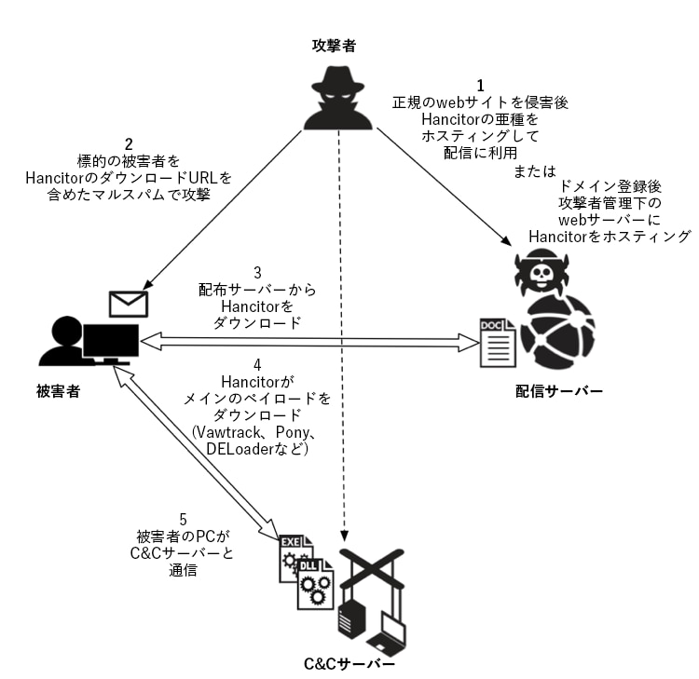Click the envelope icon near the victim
point(130,304)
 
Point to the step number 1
point(482,83)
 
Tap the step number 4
point(257,364)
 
